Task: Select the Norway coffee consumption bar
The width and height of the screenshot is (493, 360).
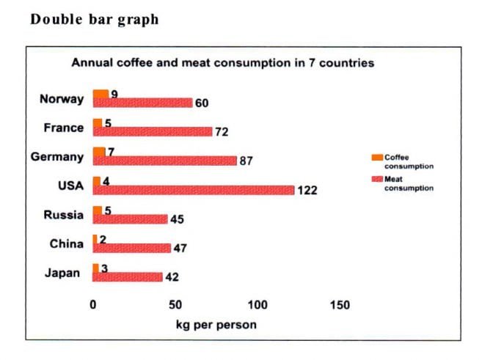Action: [101, 94]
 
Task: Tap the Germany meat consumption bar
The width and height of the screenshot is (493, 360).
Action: [164, 161]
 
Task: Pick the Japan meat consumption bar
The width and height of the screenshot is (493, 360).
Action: [128, 277]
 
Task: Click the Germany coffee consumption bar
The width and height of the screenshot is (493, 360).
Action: [99, 152]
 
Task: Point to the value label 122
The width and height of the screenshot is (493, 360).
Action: [307, 191]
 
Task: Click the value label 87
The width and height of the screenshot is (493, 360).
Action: [246, 161]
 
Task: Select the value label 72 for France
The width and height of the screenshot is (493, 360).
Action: [222, 132]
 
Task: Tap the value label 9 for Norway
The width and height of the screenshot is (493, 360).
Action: [114, 94]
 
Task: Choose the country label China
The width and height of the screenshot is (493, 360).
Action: [66, 244]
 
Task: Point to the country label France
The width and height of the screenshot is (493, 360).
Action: [64, 128]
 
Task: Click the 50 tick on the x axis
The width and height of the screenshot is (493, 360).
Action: [175, 305]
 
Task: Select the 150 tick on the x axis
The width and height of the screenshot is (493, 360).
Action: [340, 305]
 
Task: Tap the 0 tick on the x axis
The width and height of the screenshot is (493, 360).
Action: [93, 305]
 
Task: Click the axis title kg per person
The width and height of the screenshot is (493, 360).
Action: [216, 324]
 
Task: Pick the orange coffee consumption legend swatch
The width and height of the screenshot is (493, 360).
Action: [377, 157]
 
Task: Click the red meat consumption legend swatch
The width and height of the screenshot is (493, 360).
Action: [377, 179]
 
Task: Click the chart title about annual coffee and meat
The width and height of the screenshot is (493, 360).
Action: [222, 63]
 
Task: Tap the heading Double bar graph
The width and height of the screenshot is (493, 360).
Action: [94, 20]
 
